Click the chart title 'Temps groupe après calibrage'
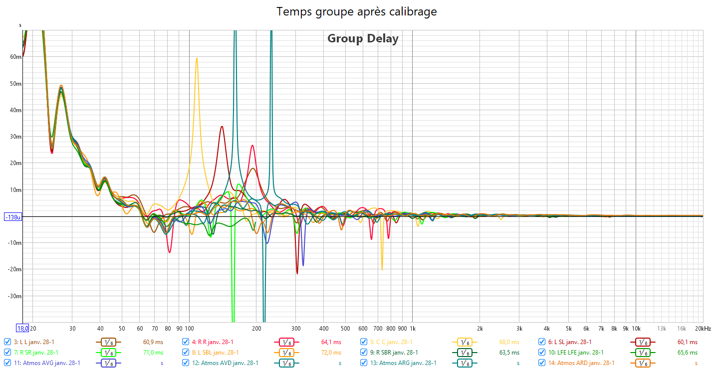[x=357, y=11]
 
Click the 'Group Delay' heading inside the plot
[x=363, y=38]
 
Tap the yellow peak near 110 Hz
[x=197, y=59]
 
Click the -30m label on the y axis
[x=15, y=296]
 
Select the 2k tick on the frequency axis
[x=479, y=329]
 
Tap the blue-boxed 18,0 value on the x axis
[x=22, y=329]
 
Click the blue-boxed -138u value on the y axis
[x=11, y=217]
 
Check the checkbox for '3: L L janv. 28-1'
[x=7, y=342]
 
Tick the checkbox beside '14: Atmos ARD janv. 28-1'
[x=542, y=363]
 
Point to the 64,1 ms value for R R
[x=331, y=342]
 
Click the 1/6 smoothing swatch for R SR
[x=108, y=353]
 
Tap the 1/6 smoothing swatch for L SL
[x=643, y=342]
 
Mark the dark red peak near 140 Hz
[x=222, y=127]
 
